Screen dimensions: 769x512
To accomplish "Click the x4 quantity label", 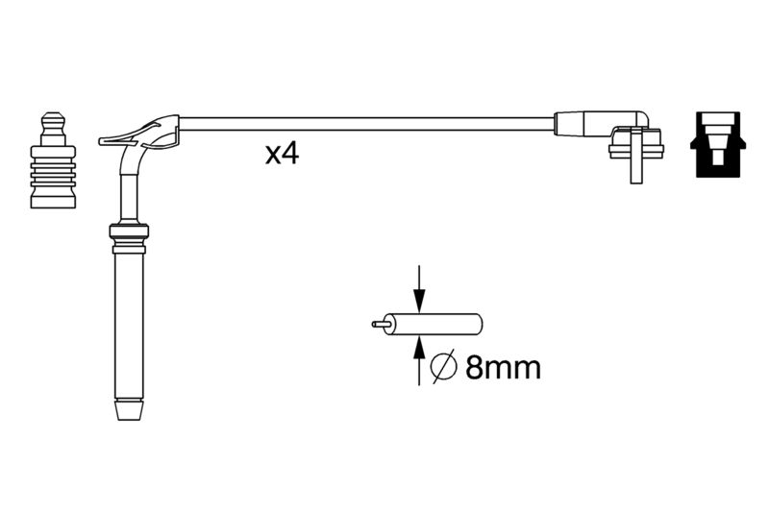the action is pyautogui.click(x=282, y=154).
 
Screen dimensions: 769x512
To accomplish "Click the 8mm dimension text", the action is pyautogui.click(x=503, y=367).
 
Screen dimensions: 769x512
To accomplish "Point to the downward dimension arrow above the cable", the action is pyautogui.click(x=418, y=288).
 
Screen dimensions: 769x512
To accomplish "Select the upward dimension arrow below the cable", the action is pyautogui.click(x=418, y=361).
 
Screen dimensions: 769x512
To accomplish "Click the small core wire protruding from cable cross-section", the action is pyautogui.click(x=381, y=324).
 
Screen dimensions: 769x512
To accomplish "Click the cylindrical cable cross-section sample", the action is pyautogui.click(x=434, y=324).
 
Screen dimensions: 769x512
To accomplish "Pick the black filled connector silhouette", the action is pyautogui.click(x=717, y=144).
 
